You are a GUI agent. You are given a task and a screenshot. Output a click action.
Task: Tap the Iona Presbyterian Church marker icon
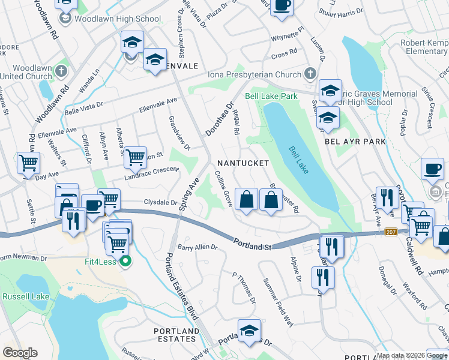click(310, 74)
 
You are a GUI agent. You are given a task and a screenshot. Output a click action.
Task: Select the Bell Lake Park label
click(271, 96)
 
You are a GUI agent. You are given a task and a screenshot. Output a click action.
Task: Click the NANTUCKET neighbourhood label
click(244, 163)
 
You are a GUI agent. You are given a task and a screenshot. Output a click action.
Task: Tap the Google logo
click(20, 353)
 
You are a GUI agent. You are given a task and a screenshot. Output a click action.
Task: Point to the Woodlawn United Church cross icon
click(61, 71)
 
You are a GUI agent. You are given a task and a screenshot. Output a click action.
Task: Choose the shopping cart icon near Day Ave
click(28, 163)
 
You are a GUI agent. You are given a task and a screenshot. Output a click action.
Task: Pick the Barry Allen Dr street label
click(197, 247)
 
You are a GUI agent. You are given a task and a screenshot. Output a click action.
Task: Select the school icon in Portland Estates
click(249, 331)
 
